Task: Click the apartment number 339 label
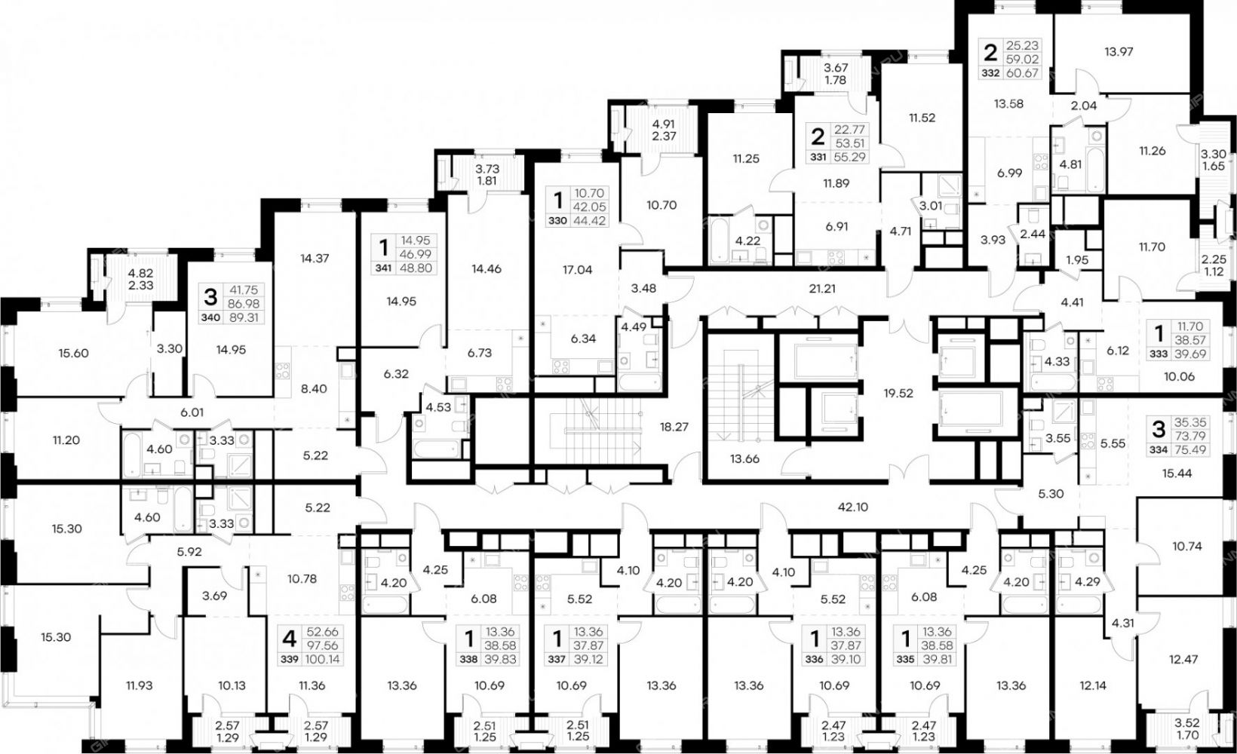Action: click(x=290, y=659)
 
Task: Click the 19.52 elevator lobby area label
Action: click(x=898, y=394)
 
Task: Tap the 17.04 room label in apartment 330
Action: click(x=576, y=270)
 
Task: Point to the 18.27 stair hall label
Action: click(x=674, y=426)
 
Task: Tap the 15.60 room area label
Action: click(x=73, y=354)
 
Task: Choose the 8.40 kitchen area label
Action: click(x=315, y=388)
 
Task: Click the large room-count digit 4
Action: click(x=289, y=639)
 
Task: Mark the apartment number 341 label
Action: click(x=381, y=268)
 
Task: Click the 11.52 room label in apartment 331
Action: click(x=922, y=118)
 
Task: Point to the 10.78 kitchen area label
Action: click(x=302, y=579)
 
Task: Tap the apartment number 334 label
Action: click(x=1159, y=450)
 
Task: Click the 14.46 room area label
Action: click(x=487, y=269)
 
